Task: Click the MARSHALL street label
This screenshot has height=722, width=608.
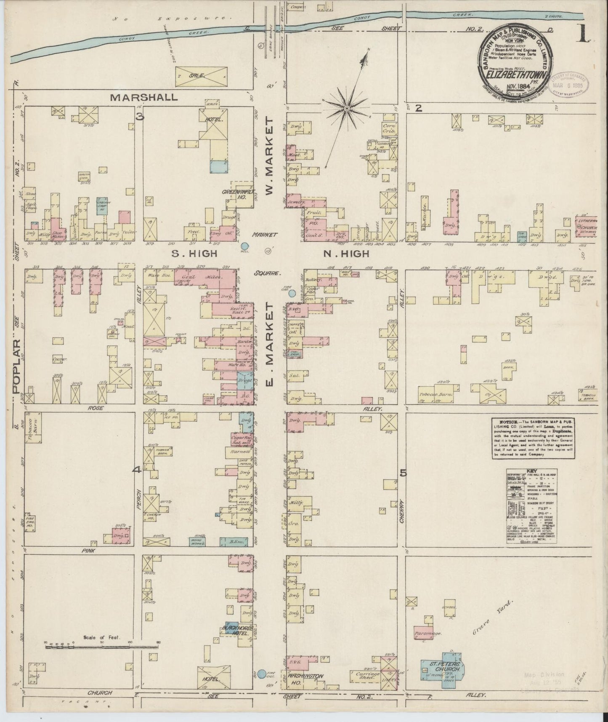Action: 143,97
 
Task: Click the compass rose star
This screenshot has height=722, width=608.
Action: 346,109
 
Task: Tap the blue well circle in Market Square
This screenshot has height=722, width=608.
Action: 245,246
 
